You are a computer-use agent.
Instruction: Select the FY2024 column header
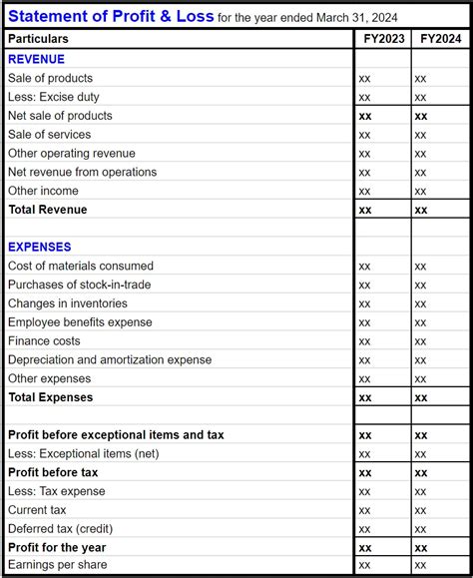coord(439,39)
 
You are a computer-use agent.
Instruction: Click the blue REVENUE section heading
coord(37,59)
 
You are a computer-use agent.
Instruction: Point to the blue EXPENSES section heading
coord(40,247)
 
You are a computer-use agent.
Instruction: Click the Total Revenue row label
coord(48,210)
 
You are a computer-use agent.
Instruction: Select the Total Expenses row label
coord(51,397)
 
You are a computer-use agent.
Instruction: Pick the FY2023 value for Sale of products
coord(365,78)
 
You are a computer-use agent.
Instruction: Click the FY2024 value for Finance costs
coord(421,341)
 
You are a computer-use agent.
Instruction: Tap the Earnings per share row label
coord(58,566)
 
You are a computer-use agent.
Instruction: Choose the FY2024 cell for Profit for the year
coord(421,548)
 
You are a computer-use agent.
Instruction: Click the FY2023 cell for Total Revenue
coord(365,210)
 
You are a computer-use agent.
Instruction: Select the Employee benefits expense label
coord(81,322)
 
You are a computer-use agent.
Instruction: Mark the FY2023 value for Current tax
coord(365,510)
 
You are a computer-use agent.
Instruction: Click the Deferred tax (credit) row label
coord(58,529)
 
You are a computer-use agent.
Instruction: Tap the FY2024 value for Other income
coord(421,191)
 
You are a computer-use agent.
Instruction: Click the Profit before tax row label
coord(53,472)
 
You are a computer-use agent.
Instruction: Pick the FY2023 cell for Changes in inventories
coord(365,303)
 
